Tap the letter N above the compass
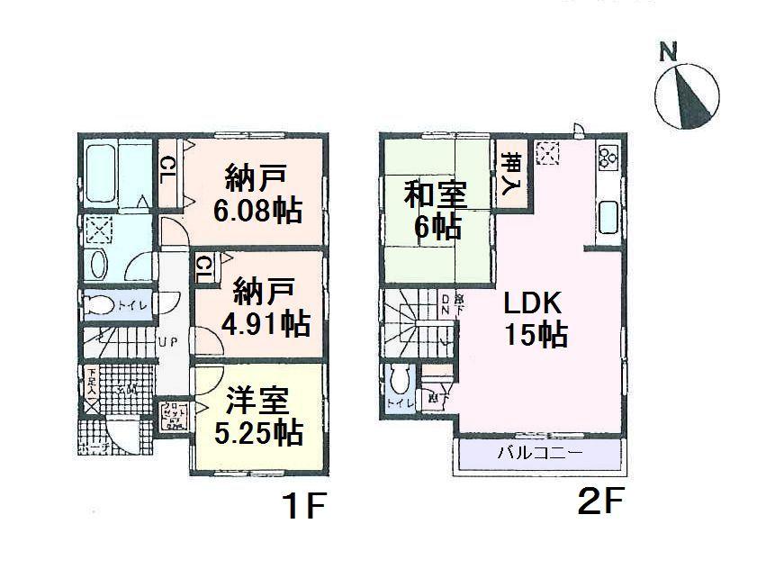coord(667,51)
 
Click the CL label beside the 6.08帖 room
coord(168,169)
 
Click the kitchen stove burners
coord(606,158)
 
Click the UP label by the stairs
coord(167,343)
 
